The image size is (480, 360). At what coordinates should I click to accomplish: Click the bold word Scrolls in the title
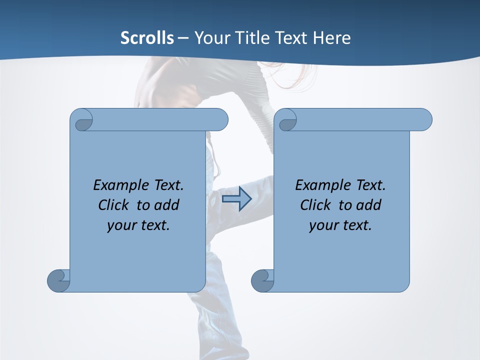click(x=147, y=38)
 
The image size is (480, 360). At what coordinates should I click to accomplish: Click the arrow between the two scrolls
click(x=237, y=199)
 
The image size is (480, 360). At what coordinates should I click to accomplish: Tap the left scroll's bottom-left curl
click(x=58, y=280)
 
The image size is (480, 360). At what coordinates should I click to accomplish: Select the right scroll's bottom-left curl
click(x=262, y=280)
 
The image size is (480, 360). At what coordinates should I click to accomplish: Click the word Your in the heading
click(x=208, y=38)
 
